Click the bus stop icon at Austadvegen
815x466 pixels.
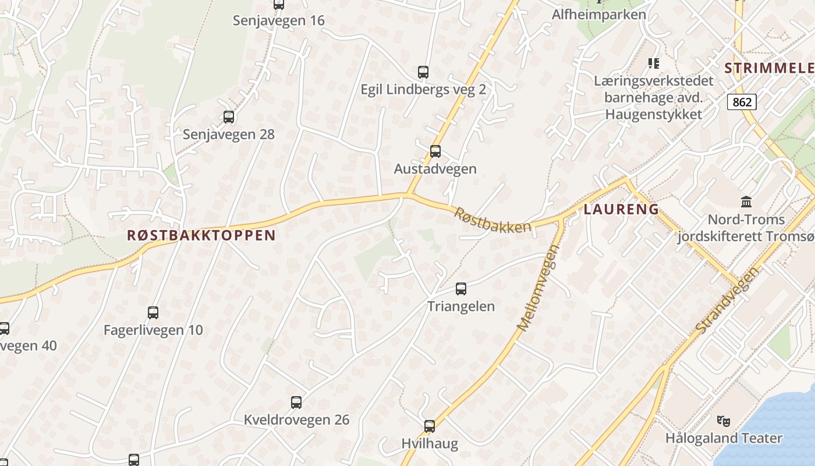click(435, 151)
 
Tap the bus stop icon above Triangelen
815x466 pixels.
click(461, 288)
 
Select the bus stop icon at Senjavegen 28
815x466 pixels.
click(229, 117)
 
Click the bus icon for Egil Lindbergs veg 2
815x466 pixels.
click(423, 72)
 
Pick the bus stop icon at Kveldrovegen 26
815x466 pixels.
click(296, 402)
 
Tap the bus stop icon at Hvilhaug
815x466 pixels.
click(430, 426)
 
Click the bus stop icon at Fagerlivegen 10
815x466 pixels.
click(153, 312)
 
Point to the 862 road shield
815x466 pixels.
click(742, 103)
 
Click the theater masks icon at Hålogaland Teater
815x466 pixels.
click(724, 420)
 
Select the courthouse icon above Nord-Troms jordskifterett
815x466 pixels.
click(746, 202)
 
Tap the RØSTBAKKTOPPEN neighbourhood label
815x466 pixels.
click(201, 235)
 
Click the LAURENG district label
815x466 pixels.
click(621, 209)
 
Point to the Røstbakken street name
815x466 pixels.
click(492, 221)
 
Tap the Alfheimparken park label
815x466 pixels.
click(599, 15)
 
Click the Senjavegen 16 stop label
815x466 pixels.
click(279, 21)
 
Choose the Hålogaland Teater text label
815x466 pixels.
click(724, 438)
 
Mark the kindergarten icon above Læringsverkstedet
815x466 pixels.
click(654, 63)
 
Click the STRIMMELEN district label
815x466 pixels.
click(769, 68)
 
